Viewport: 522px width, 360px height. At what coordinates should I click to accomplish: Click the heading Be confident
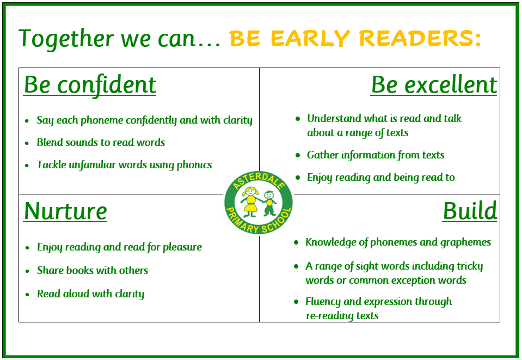pyautogui.click(x=90, y=85)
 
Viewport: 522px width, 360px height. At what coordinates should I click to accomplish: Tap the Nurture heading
pyautogui.click(x=65, y=211)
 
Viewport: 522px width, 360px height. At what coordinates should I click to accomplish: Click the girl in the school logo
pyautogui.click(x=250, y=202)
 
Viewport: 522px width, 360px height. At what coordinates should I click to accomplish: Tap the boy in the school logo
pyautogui.click(x=269, y=203)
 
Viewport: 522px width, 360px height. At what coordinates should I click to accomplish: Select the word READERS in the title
pyautogui.click(x=420, y=38)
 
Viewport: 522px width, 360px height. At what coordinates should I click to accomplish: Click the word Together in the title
pyautogui.click(x=66, y=39)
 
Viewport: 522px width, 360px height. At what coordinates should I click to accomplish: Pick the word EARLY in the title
pyautogui.click(x=310, y=38)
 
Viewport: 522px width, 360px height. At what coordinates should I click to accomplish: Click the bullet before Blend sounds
pyautogui.click(x=27, y=143)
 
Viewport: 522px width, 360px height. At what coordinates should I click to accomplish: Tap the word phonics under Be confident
pyautogui.click(x=194, y=165)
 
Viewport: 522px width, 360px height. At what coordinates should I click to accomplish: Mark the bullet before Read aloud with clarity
pyautogui.click(x=27, y=295)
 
